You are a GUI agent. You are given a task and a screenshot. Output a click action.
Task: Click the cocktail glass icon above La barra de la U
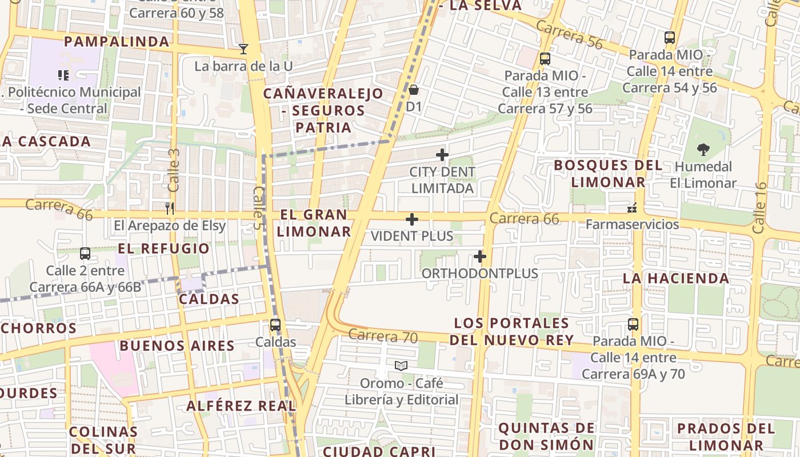coord(243,49)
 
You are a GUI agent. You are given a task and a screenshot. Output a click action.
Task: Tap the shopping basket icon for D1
coord(414,90)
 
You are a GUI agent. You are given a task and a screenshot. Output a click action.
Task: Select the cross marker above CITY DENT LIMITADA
coord(442,155)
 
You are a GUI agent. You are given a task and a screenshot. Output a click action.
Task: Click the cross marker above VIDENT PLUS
coord(412,219)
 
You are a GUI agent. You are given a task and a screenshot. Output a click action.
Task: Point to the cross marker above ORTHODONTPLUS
coord(480,256)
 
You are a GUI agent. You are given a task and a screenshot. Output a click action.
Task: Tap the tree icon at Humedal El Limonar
coord(703,150)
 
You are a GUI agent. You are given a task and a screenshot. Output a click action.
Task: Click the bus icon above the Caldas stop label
coord(275,325)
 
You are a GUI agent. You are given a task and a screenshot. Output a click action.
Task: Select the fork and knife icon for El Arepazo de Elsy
coord(169,208)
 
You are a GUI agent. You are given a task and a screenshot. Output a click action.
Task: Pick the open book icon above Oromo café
coord(401,366)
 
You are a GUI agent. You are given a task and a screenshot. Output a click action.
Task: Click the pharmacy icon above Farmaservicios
coord(632,207)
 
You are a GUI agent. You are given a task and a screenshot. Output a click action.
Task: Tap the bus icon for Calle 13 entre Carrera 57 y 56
coord(545,58)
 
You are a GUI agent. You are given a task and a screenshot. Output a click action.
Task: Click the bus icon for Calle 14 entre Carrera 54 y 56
coord(670,38)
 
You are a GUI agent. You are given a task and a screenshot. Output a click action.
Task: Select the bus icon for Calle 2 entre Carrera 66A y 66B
coord(85,253)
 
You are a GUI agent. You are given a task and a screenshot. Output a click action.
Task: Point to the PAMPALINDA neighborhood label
coord(117,42)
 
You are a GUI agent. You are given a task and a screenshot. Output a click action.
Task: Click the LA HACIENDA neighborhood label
coord(675,279)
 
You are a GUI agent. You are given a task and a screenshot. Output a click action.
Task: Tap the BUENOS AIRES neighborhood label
coord(177,346)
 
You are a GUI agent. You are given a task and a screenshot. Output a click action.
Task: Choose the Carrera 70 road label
coord(382,336)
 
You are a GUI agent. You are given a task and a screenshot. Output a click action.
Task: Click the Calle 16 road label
coord(759,208)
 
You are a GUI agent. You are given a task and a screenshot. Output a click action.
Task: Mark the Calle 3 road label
coord(174,170)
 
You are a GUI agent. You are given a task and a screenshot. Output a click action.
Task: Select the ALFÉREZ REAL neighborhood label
coord(241,406)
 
